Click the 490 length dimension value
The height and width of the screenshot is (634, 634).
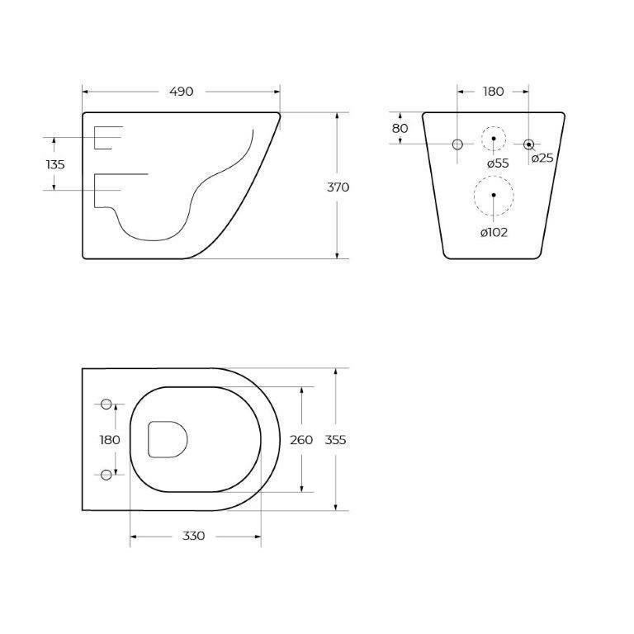pyautogui.click(x=181, y=91)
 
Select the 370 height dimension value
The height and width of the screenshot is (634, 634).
pyautogui.click(x=338, y=187)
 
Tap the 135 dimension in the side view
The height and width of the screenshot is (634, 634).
pyautogui.click(x=55, y=164)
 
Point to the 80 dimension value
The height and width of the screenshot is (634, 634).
pyautogui.click(x=400, y=128)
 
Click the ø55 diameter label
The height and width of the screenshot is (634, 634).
pyautogui.click(x=498, y=163)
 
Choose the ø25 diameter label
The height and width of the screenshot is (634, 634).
pyautogui.click(x=542, y=158)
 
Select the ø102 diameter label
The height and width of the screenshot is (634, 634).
pyautogui.click(x=494, y=232)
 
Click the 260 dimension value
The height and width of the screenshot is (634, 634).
pyautogui.click(x=301, y=440)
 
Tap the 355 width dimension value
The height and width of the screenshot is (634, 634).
pyautogui.click(x=335, y=440)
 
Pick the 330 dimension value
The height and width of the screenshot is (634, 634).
pyautogui.click(x=193, y=537)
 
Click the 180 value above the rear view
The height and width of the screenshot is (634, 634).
pyautogui.click(x=493, y=91)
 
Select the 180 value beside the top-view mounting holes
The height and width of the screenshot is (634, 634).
pyautogui.click(x=110, y=440)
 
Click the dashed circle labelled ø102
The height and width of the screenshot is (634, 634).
pyautogui.click(x=494, y=196)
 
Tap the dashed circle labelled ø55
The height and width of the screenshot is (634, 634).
pyautogui.click(x=494, y=138)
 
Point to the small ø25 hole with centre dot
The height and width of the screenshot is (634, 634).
pyautogui.click(x=529, y=144)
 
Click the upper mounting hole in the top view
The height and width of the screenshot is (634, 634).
pyautogui.click(x=106, y=404)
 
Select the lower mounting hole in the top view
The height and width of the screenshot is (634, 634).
pyautogui.click(x=106, y=474)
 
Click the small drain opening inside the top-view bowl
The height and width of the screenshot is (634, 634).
pyautogui.click(x=168, y=438)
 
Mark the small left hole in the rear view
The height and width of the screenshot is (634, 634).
pyautogui.click(x=457, y=144)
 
